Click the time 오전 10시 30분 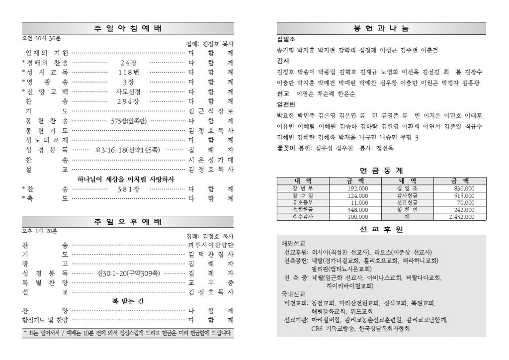(x=40, y=38)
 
